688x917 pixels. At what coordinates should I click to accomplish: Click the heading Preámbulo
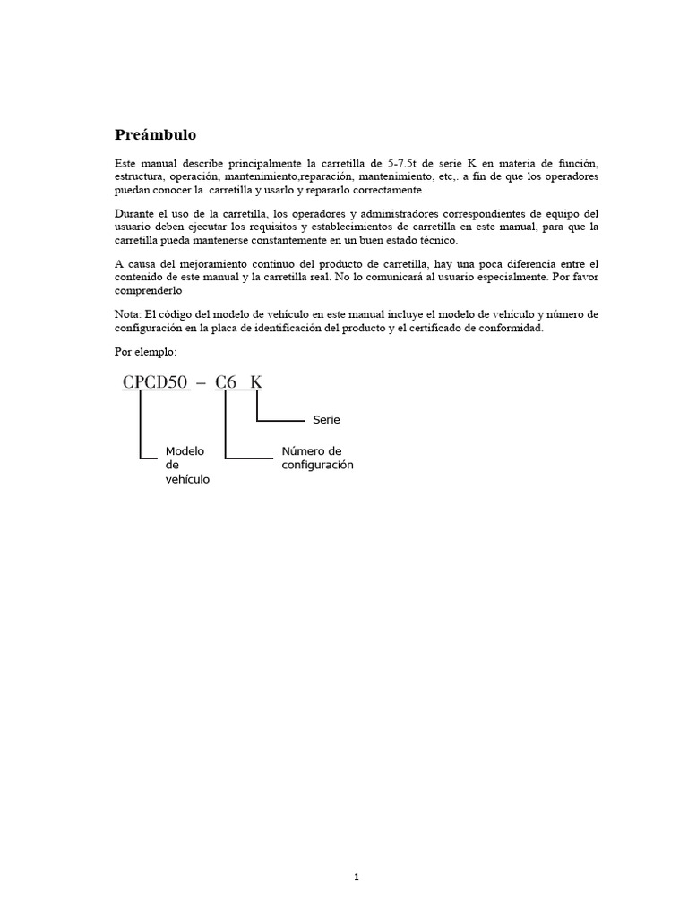[155, 135]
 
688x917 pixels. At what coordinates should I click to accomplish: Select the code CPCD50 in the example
[156, 383]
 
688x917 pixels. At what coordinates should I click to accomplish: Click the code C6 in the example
[226, 383]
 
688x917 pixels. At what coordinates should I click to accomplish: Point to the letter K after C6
[256, 383]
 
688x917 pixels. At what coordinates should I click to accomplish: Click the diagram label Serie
[327, 419]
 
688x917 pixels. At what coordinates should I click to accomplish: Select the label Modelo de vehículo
[187, 465]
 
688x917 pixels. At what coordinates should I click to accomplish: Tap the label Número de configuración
[317, 458]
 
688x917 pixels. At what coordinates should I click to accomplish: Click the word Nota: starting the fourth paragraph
[129, 314]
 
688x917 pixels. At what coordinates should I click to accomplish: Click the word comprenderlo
[149, 290]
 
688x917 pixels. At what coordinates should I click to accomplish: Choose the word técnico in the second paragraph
[437, 240]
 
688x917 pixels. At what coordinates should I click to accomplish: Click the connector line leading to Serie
[281, 419]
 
